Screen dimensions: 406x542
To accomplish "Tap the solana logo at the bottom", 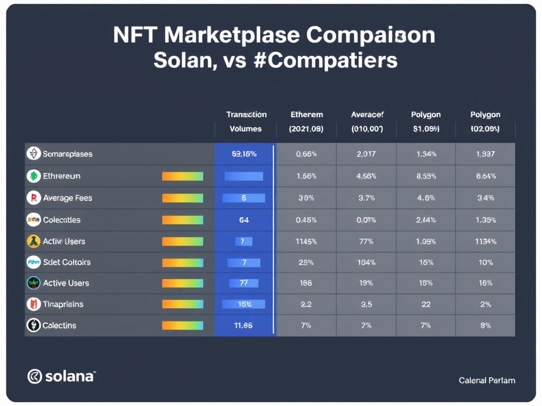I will [61, 376].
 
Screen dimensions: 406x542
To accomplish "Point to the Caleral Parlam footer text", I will [487, 380].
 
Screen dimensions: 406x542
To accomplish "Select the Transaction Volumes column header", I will [246, 122].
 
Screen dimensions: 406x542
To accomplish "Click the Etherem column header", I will [306, 122].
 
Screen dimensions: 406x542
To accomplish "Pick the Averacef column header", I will [367, 122].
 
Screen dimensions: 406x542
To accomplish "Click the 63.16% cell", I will [244, 154].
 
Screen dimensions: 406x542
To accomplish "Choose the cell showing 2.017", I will [366, 154].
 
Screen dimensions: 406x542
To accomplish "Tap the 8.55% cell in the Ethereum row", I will [426, 176].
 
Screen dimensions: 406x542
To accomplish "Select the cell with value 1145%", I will [306, 241].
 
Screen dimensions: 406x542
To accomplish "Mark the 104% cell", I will [366, 262].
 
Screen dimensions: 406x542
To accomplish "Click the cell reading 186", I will [306, 283].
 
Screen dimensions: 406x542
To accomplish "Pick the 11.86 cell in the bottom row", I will [243, 326].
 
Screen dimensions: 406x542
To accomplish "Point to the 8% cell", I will [485, 326].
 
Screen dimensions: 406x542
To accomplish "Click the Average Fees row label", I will [67, 198].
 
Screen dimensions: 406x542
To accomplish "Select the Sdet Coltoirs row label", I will [67, 262].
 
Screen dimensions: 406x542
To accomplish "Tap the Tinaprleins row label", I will [63, 304].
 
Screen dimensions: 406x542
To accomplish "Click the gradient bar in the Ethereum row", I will [182, 176].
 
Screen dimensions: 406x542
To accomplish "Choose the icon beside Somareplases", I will [33, 154].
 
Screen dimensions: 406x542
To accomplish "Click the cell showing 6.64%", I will [485, 176].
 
